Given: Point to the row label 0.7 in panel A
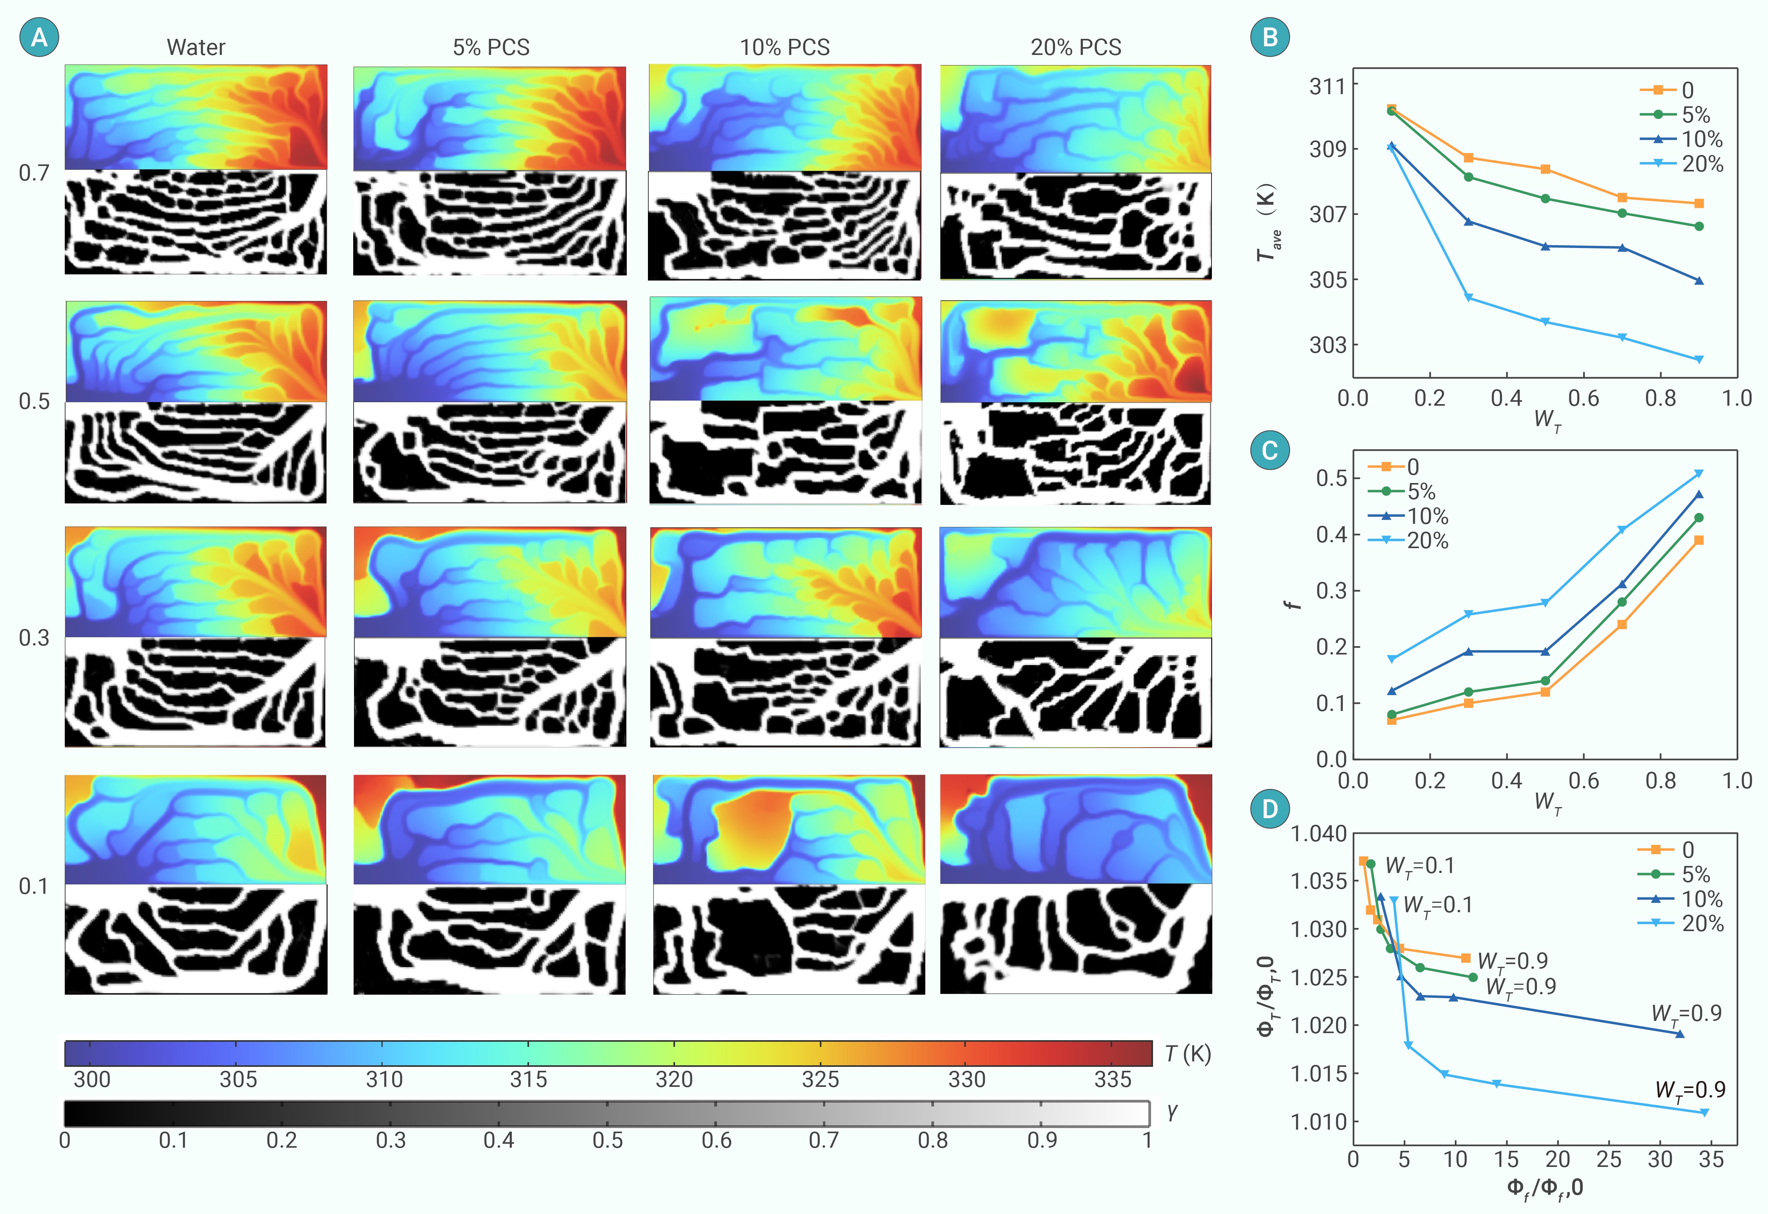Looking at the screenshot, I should pos(34,173).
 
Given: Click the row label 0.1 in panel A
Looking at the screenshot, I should pos(34,886).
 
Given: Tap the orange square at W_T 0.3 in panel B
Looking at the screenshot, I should pos(1468,157).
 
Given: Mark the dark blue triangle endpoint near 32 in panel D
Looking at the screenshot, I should pos(1680,1034).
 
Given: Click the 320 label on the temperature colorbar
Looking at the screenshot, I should pos(674,1079).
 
